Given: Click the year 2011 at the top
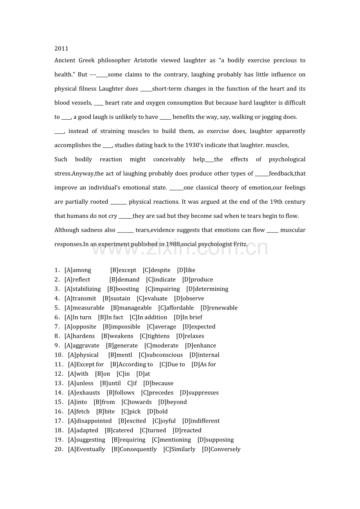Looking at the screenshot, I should [61, 48].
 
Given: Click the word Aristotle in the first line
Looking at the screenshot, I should [146, 60].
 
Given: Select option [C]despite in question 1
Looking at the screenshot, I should [157, 270].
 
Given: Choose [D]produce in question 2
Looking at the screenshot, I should [198, 280].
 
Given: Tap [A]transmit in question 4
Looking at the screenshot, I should [80, 298].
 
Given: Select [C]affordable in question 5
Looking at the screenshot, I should [176, 308].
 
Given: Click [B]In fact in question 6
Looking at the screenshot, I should [110, 317].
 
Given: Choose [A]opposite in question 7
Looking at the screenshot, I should [80, 326].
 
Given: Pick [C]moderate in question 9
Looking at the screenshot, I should [161, 346].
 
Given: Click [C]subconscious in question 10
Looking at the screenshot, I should [161, 355].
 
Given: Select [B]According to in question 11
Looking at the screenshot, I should [131, 364].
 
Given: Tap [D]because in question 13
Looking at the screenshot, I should [158, 383].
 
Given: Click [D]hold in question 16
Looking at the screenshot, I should [157, 411].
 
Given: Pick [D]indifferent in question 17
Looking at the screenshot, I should [201, 421].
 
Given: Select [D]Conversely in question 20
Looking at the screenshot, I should [221, 449].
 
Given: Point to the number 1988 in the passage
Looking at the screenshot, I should [173, 244].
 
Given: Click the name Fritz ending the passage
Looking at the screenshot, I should [240, 244].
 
